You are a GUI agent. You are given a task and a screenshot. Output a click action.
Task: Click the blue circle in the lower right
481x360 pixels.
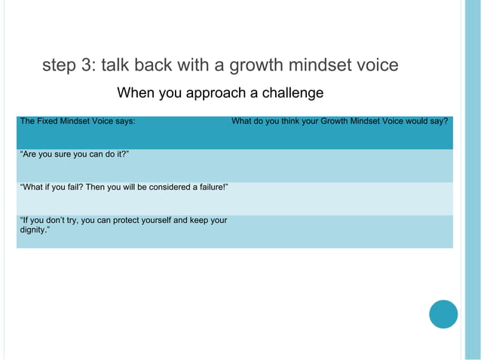(x=443, y=314)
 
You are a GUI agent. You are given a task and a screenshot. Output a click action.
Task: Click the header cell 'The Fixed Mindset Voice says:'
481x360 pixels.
(x=78, y=121)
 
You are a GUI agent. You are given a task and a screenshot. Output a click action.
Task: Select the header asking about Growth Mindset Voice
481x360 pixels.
(x=339, y=121)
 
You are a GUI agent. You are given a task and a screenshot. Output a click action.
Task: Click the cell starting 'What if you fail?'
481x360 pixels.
(x=124, y=187)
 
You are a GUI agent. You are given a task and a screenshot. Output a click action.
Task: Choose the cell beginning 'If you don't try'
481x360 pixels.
(x=123, y=220)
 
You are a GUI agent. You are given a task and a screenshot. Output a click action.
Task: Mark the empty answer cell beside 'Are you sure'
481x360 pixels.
(x=341, y=165)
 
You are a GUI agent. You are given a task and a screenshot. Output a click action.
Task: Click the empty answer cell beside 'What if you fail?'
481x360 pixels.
(x=341, y=198)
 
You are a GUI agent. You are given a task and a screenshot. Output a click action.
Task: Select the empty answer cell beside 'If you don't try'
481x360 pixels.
(x=341, y=231)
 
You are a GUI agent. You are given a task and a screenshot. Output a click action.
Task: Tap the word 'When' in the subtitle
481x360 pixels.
(x=135, y=93)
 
